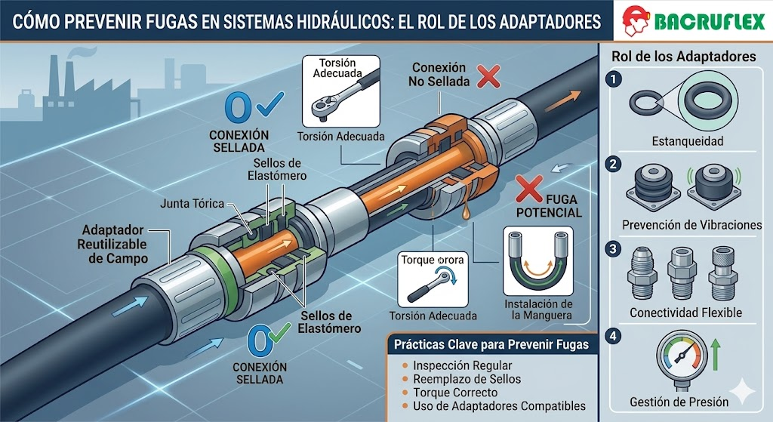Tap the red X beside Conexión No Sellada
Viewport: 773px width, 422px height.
tap(488, 76)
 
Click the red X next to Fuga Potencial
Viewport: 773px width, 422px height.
tap(529, 189)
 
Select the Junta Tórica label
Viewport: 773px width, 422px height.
tap(192, 203)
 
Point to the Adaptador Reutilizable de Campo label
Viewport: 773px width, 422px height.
tap(113, 244)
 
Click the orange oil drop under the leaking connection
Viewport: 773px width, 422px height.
tap(464, 212)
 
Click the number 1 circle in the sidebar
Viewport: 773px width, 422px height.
tap(613, 79)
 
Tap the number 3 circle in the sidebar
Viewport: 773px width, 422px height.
tap(613, 249)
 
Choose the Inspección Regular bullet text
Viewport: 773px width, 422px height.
tap(463, 365)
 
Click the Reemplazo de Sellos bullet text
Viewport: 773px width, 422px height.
tap(467, 379)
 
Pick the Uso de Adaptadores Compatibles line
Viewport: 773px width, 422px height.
tap(500, 406)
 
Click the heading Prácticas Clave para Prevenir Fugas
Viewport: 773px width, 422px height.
tap(491, 344)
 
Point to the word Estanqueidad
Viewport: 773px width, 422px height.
tap(688, 141)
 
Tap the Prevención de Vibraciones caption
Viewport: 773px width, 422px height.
tap(691, 225)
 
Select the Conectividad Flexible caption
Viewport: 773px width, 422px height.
tap(685, 313)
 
